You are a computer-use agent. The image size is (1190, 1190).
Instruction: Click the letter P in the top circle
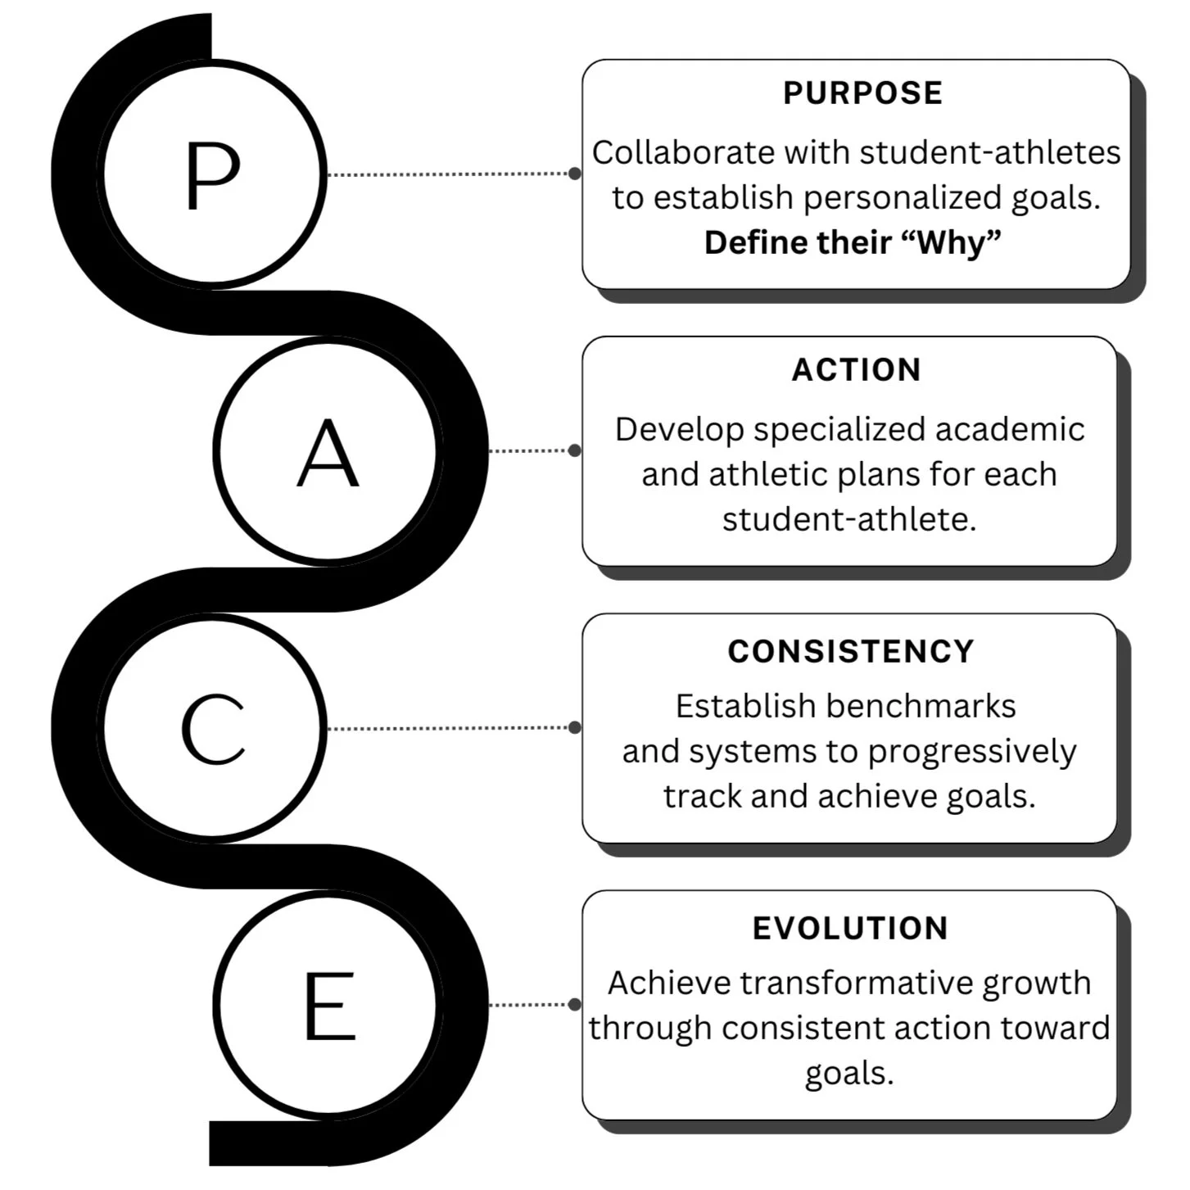point(212,175)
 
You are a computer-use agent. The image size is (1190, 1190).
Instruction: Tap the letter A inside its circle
point(328,453)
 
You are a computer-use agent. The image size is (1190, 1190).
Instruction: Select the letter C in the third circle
point(213,729)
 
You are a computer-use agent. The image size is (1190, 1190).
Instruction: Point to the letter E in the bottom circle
point(329,1005)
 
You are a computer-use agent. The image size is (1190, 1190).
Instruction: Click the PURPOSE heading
point(862,93)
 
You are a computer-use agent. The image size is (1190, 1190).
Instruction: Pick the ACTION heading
point(856,370)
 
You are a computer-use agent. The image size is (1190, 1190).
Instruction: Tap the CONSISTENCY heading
point(851,652)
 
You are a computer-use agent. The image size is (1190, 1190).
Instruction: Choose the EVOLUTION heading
point(850,929)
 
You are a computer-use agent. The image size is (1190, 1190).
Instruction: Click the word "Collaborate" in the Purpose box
point(683,153)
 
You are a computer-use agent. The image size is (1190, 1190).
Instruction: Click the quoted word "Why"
point(957,242)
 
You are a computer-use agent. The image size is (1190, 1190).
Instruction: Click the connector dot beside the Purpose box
point(575,174)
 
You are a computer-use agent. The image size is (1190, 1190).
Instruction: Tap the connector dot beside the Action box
point(575,450)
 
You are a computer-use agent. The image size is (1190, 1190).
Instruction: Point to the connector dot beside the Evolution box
point(575,1004)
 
